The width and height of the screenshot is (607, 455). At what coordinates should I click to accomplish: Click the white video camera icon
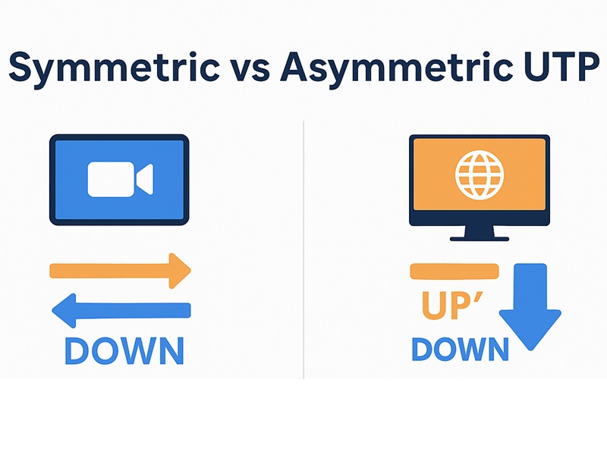point(120,179)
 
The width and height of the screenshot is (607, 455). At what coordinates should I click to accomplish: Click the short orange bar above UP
point(454,271)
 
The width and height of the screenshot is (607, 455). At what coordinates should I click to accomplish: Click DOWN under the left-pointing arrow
point(124,350)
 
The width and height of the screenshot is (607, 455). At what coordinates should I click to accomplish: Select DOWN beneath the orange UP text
point(460,350)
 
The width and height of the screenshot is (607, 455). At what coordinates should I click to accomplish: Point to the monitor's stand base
point(480,238)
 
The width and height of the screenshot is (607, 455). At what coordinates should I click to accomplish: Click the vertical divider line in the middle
point(303,250)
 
